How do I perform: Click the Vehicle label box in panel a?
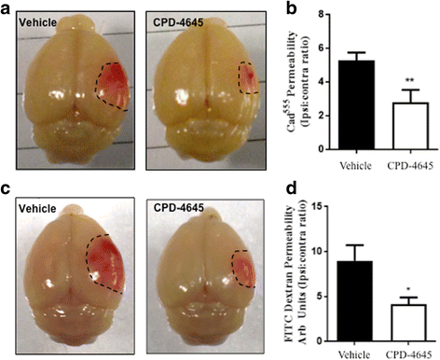pyautogui.click(x=34, y=18)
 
